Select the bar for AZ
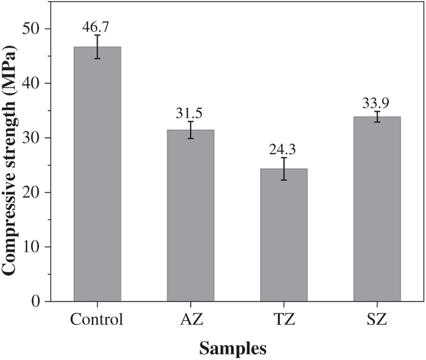point(190,216)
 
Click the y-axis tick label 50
point(40,29)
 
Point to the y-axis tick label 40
point(40,83)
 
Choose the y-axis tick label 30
point(40,138)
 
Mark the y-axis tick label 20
point(40,192)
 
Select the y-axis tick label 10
point(40,247)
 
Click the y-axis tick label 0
point(44,302)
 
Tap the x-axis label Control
point(97,319)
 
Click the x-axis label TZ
point(283,319)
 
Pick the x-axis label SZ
point(377,319)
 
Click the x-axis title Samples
point(235,346)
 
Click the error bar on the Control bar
point(97,47)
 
